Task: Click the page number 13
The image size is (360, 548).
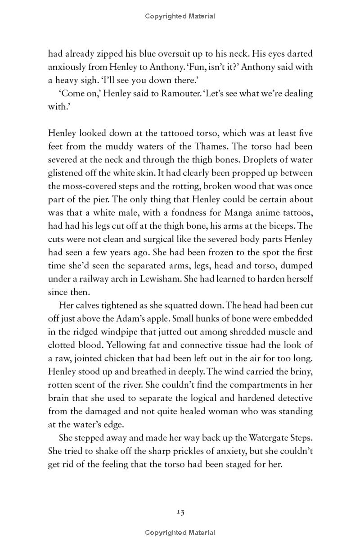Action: coord(180,512)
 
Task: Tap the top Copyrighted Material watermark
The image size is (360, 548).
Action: coord(180,16)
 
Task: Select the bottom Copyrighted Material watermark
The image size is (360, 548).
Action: coord(180,533)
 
